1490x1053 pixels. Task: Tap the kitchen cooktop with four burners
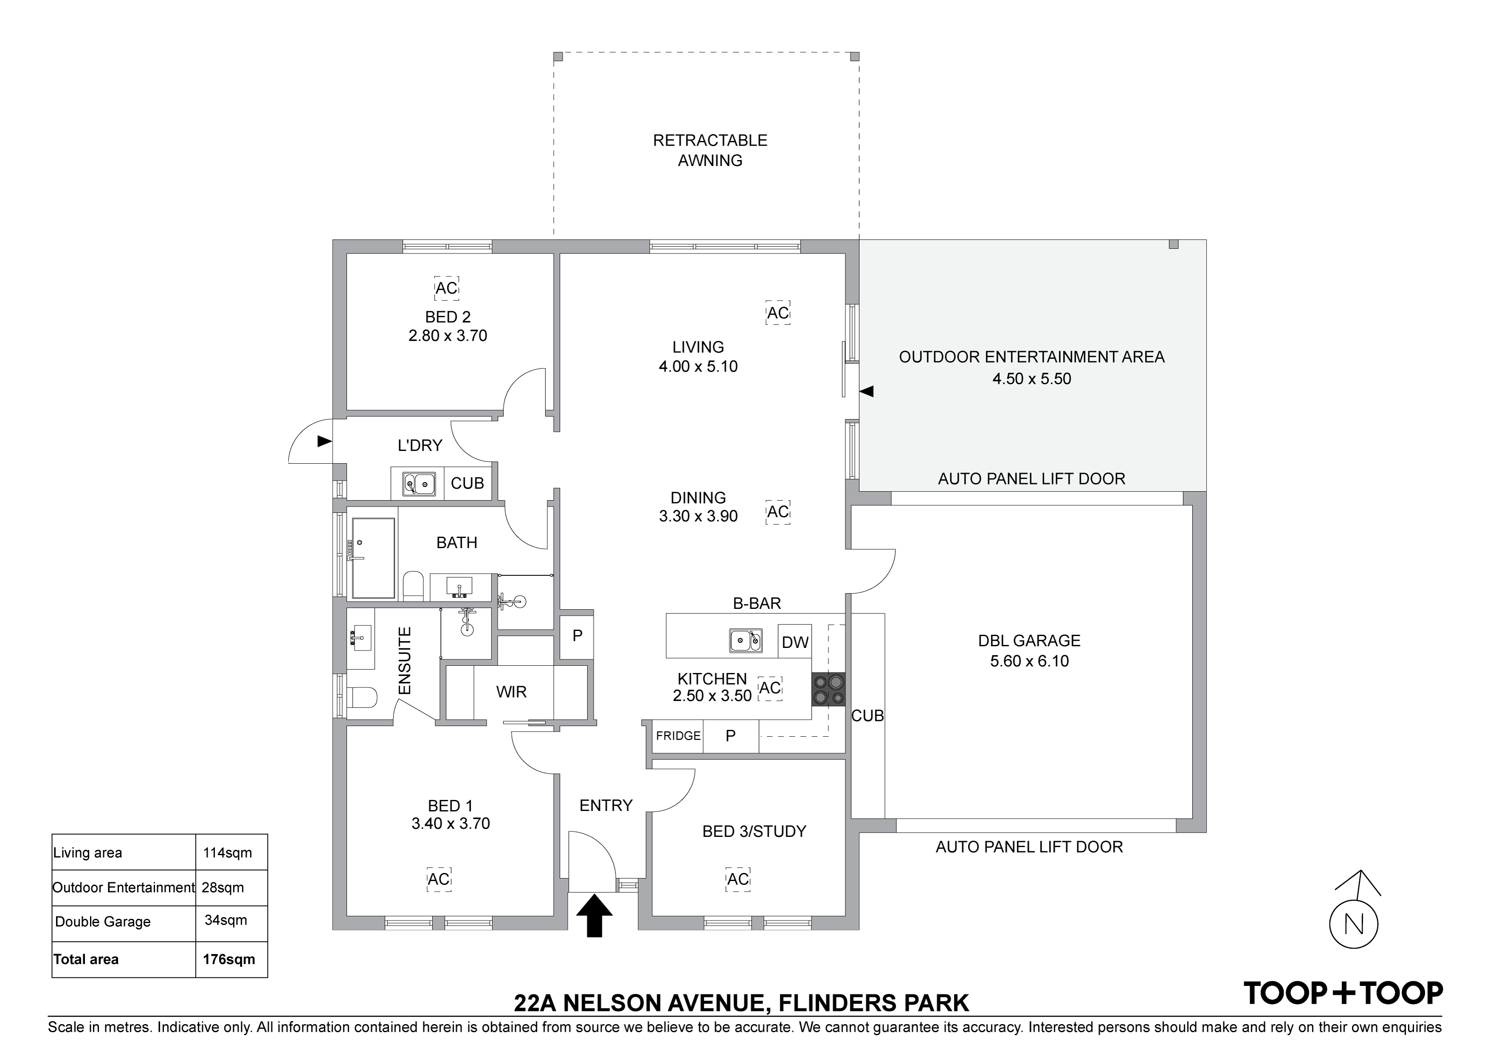[829, 689]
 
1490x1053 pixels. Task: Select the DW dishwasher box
[795, 642]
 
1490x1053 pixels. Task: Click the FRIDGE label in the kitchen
[678, 736]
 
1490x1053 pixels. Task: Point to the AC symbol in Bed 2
[446, 287]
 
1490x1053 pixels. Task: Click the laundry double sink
[418, 483]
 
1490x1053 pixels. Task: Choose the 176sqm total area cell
[229, 960]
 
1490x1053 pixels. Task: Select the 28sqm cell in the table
[223, 887]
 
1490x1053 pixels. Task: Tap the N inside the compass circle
[1355, 924]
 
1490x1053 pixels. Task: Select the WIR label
[511, 692]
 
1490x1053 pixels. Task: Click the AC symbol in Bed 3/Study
[738, 879]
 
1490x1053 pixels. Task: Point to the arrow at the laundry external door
[325, 441]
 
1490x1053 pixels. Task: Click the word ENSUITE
[404, 661]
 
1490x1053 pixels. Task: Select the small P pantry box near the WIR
[577, 636]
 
